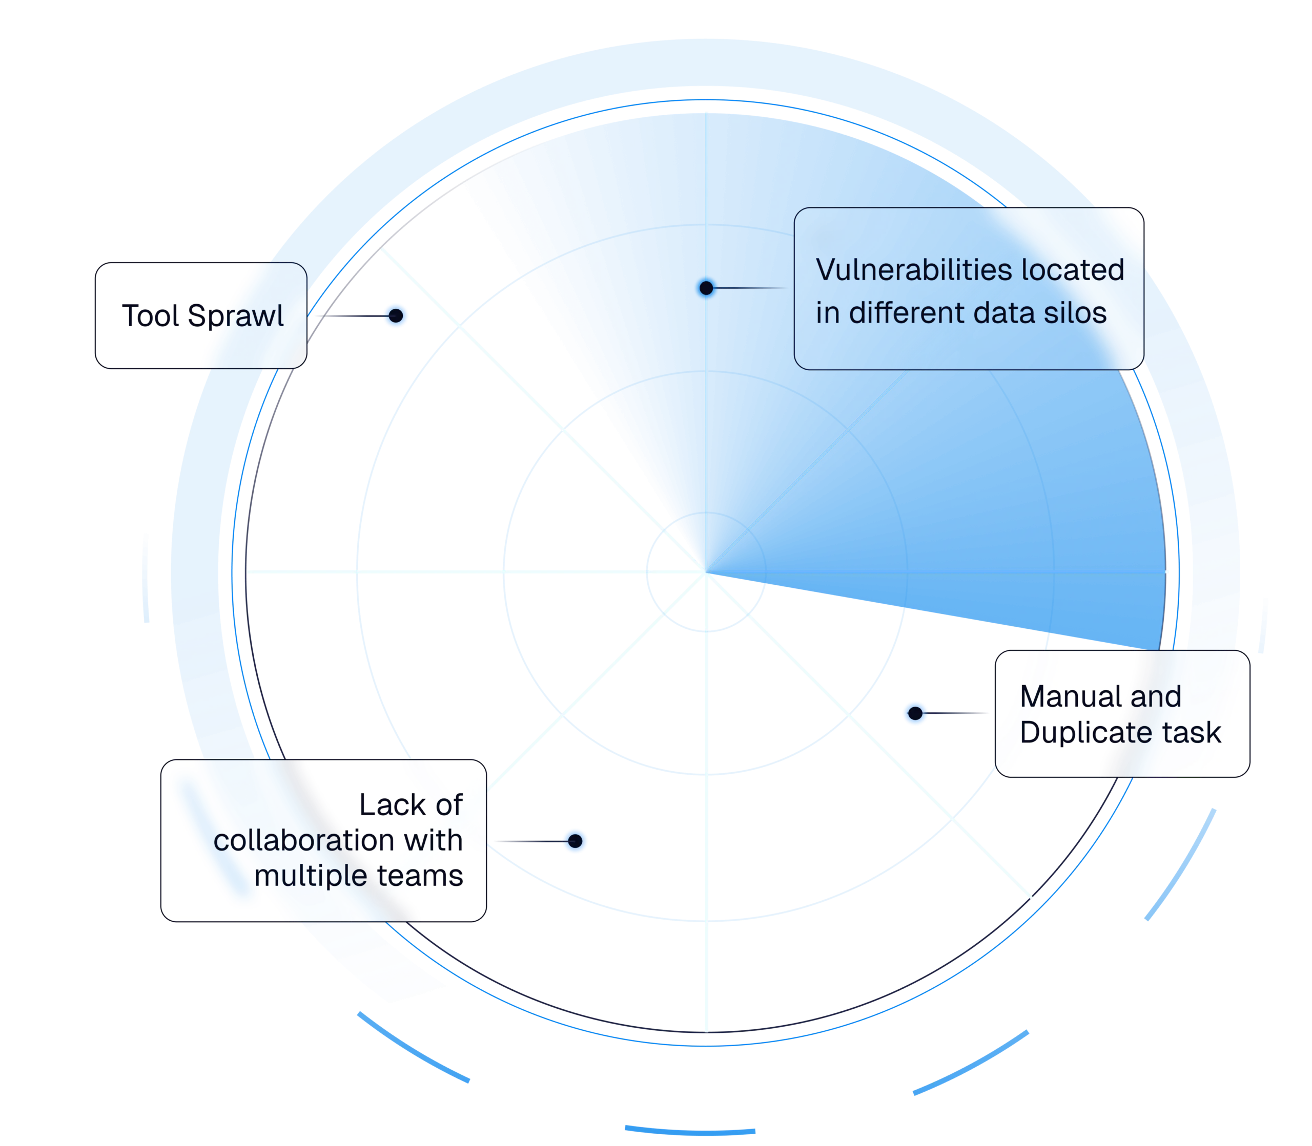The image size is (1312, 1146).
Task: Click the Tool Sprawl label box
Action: click(200, 315)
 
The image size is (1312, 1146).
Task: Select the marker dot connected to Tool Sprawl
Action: click(396, 315)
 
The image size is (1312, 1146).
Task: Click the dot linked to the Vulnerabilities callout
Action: click(706, 288)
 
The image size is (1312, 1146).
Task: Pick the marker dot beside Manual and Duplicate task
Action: click(915, 713)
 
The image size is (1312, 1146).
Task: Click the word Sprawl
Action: click(236, 316)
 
